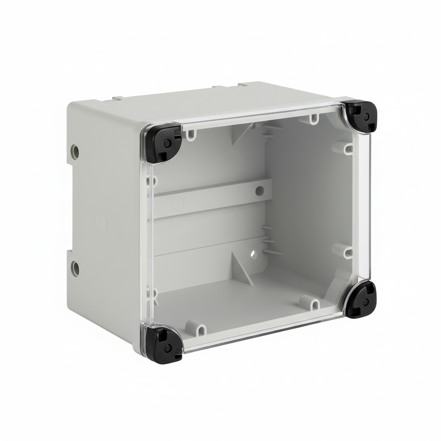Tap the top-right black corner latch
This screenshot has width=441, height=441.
tap(360, 115)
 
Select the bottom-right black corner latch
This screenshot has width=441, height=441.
tap(360, 299)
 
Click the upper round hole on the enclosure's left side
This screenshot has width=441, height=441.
tap(75, 151)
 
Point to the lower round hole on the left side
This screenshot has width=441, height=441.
tap(75, 268)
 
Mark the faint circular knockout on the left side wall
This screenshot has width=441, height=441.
tap(101, 221)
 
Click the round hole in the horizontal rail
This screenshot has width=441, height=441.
tap(260, 190)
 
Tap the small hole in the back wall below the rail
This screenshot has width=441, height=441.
tap(254, 254)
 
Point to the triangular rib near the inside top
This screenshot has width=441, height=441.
tap(242, 133)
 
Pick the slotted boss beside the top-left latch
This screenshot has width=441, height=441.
tap(189, 135)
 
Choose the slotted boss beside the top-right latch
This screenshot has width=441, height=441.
tap(314, 117)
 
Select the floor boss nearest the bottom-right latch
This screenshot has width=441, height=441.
tap(315, 304)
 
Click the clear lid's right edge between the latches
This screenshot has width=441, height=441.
tap(366, 207)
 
